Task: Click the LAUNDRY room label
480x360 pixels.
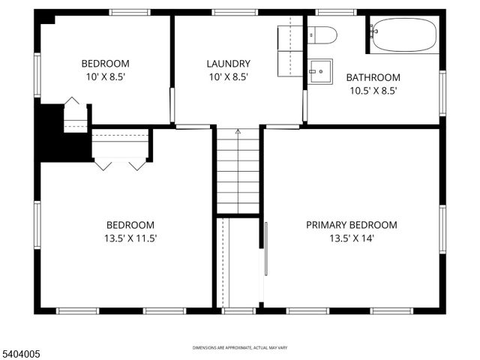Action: pyautogui.click(x=229, y=64)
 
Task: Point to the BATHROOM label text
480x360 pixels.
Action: pyautogui.click(x=373, y=77)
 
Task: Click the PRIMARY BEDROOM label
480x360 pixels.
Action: pyautogui.click(x=352, y=224)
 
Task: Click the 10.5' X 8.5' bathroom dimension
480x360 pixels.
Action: pyautogui.click(x=373, y=91)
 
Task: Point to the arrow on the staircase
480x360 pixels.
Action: pyautogui.click(x=238, y=133)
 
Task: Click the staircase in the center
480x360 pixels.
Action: pyautogui.click(x=238, y=172)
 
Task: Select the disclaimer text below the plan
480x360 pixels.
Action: pyautogui.click(x=240, y=348)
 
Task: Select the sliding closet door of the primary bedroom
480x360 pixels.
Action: pyautogui.click(x=265, y=259)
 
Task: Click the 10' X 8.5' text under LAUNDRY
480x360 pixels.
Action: pyautogui.click(x=229, y=76)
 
